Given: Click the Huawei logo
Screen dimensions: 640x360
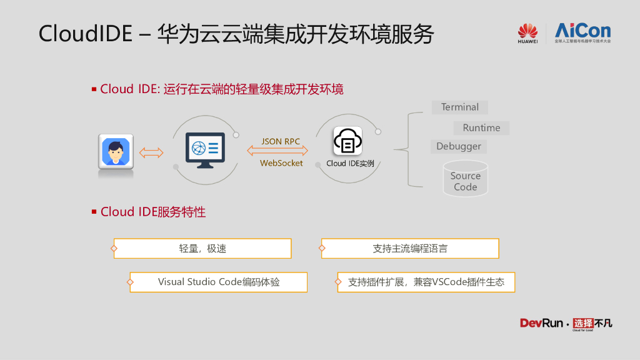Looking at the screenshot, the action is (527, 33).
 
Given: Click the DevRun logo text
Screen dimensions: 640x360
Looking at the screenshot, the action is (541, 323).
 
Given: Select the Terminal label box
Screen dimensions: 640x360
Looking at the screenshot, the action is (459, 107).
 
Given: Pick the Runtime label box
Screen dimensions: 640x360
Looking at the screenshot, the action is (481, 128).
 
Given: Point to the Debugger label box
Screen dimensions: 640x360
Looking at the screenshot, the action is (459, 146).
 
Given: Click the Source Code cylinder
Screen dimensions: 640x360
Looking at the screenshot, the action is (465, 179).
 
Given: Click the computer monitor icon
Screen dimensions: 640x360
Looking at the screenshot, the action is (205, 150).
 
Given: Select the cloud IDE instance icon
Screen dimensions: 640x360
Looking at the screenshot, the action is (347, 141).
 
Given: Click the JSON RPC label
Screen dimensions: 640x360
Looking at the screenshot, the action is (281, 141).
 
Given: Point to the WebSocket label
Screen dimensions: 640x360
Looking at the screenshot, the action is (281, 163).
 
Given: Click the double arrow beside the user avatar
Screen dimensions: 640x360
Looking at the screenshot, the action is (151, 152).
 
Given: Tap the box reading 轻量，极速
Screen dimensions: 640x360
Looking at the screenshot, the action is (202, 249).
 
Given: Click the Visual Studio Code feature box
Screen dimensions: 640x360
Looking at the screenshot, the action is (219, 282).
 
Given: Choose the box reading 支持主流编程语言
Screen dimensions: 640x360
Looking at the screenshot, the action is (410, 249).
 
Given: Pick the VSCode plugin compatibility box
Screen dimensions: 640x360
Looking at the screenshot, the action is (426, 282).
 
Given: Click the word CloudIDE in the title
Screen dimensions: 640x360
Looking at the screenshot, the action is (86, 34).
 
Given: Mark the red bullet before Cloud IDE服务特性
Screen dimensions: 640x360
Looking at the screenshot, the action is (94, 212).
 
